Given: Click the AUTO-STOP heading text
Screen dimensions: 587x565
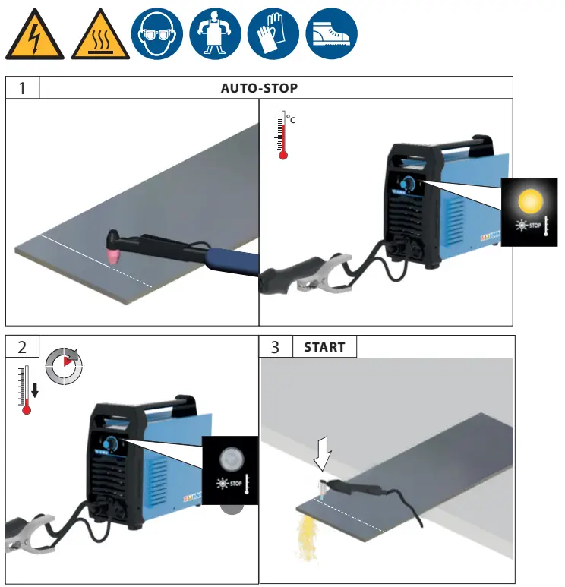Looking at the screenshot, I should (x=259, y=88).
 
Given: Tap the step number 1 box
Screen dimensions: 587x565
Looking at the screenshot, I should (x=22, y=88).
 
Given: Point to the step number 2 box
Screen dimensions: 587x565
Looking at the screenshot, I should (x=22, y=347).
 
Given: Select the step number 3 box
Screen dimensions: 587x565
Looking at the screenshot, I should (x=275, y=347).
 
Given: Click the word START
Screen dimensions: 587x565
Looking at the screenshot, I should (x=324, y=348).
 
